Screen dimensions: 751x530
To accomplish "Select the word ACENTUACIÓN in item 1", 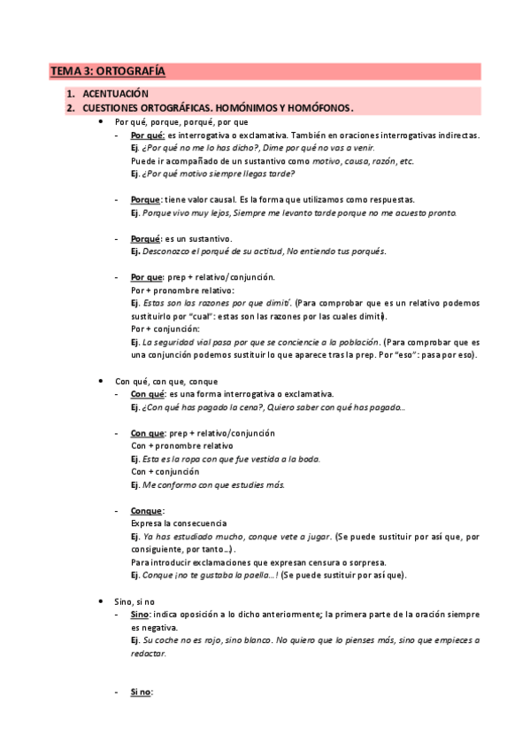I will coord(115,94).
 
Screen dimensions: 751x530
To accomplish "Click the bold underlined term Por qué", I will coord(146,135).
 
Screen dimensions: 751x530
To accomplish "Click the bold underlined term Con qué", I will coord(147,393).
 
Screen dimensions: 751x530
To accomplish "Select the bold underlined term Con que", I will coord(147,433).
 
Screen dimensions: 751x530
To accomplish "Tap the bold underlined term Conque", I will coord(146,511).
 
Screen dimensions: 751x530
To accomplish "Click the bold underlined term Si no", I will coord(141,692).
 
